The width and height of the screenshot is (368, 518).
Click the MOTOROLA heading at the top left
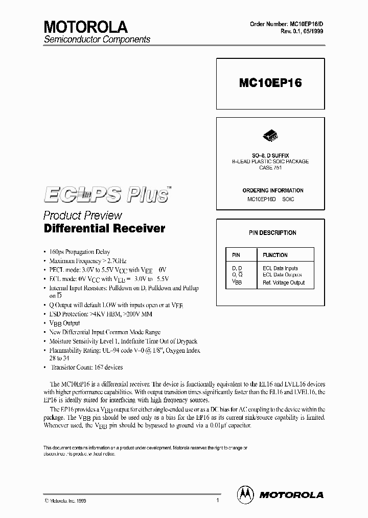(85, 27)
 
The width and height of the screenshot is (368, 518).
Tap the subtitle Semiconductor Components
(97, 39)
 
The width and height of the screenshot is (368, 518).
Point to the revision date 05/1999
(312, 31)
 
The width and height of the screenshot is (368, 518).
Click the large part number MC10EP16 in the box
(270, 83)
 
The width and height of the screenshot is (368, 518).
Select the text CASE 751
(270, 168)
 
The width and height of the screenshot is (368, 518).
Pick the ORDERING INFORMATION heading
(272, 190)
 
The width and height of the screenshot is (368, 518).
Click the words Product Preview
(82, 215)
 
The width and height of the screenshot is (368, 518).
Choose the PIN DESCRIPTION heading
(272, 233)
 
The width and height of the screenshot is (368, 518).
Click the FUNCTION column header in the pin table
(275, 255)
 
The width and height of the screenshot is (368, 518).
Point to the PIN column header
(236, 255)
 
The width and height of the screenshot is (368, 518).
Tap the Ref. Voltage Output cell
(283, 283)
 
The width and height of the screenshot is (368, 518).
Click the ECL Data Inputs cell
(280, 268)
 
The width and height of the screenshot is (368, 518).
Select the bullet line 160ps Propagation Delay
(80, 252)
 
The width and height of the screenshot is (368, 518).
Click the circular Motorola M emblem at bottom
(245, 494)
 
